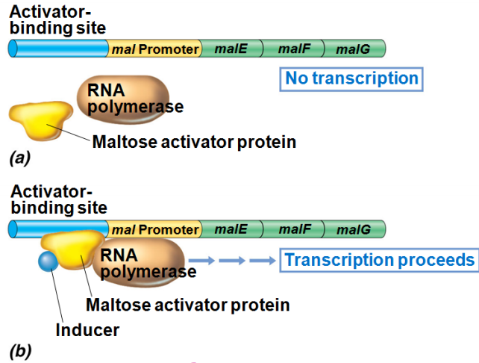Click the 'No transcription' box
[351, 78]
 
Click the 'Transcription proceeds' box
[379, 260]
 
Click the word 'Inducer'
[87, 329]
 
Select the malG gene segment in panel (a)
[354, 49]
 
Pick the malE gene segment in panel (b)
[232, 229]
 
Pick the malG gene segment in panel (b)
[354, 229]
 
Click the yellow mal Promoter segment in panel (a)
[155, 49]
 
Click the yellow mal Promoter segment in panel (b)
[157, 229]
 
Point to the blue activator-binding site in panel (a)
[58, 49]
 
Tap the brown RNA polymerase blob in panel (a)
[123, 99]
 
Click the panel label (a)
[19, 158]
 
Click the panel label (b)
[19, 349]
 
